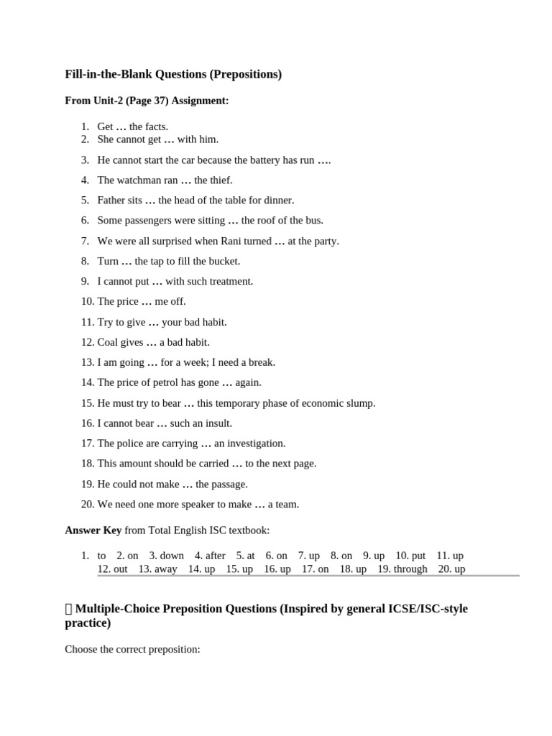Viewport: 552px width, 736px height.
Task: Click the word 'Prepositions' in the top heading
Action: [245, 74]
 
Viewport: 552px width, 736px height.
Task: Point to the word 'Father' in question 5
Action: [111, 201]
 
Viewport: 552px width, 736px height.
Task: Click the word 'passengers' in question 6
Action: [147, 221]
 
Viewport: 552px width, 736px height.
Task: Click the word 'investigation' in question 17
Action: [257, 443]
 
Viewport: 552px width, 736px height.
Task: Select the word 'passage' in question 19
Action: [230, 484]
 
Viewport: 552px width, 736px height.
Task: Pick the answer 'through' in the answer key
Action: [411, 569]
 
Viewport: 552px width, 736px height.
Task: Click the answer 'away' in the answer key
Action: [166, 569]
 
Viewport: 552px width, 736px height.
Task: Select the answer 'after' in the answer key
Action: [215, 556]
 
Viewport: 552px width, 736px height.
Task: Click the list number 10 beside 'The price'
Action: [87, 302]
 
